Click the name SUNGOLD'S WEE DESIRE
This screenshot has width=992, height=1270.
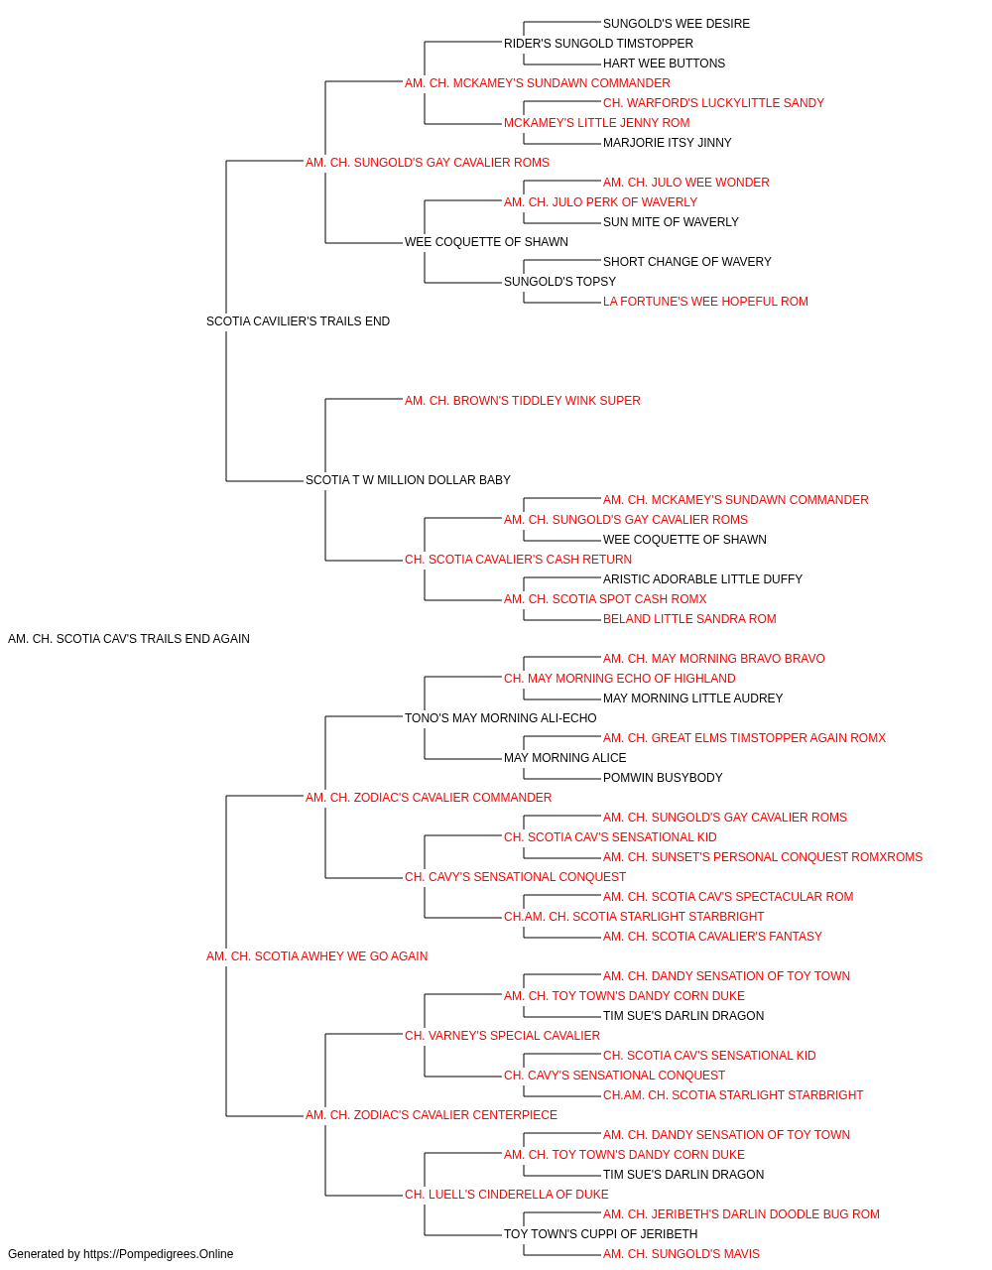point(676,24)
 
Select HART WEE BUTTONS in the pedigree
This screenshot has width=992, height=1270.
point(664,63)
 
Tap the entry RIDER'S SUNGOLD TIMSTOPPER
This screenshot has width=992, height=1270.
point(598,44)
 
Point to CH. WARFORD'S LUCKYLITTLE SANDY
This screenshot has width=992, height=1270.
point(713,103)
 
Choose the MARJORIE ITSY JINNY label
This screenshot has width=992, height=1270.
point(667,143)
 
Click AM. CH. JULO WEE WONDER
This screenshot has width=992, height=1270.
point(685,183)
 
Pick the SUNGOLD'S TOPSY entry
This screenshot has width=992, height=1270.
point(559,282)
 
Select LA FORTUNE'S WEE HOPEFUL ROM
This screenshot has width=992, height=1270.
point(705,302)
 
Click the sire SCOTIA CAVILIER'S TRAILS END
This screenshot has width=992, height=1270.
point(298,321)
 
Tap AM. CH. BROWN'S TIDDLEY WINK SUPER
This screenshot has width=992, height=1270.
point(523,401)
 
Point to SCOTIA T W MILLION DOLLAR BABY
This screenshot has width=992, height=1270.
point(408,480)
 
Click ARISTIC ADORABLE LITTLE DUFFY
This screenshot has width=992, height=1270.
point(702,579)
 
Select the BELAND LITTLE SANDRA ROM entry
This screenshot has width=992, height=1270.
point(689,619)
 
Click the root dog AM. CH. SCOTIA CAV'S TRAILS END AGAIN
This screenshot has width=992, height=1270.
point(129,639)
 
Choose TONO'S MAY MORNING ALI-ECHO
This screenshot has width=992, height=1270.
point(501,718)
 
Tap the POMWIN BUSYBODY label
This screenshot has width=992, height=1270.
point(663,778)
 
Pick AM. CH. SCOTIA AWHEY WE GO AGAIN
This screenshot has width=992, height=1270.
point(316,956)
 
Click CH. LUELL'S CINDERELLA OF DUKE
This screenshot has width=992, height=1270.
point(507,1195)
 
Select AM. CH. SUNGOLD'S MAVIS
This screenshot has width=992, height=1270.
point(682,1254)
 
